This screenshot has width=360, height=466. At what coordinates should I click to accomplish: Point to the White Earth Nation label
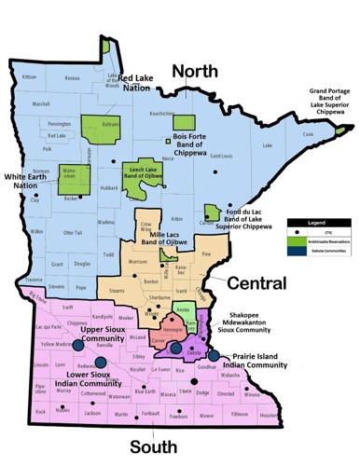[25, 180]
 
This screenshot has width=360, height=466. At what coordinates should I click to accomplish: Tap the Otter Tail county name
[72, 231]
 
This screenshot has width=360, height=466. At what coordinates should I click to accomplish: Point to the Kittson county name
[29, 76]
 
